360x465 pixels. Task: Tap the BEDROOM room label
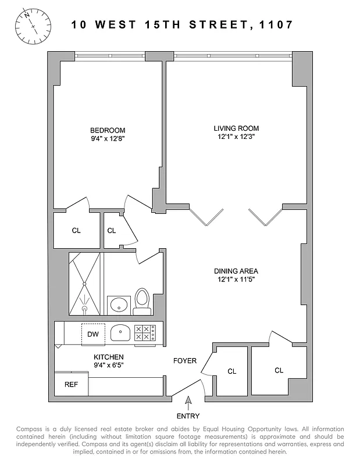click(108, 130)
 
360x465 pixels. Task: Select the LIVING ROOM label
click(236, 128)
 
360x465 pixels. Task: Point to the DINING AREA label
click(236, 271)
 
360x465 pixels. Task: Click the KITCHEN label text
click(109, 357)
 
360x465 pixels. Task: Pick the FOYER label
click(185, 361)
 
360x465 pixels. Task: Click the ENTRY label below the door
click(187, 416)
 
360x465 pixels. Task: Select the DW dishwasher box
click(92, 334)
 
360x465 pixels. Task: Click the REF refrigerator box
click(70, 384)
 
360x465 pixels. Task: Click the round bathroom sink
click(119, 304)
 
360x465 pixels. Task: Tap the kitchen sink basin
click(121, 333)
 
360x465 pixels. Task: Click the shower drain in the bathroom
click(85, 285)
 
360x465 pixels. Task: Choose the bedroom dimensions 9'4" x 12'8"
click(108, 139)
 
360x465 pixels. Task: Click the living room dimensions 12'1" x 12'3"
click(236, 137)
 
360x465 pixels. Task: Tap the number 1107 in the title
click(277, 25)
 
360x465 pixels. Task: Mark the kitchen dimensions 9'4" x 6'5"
click(109, 366)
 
